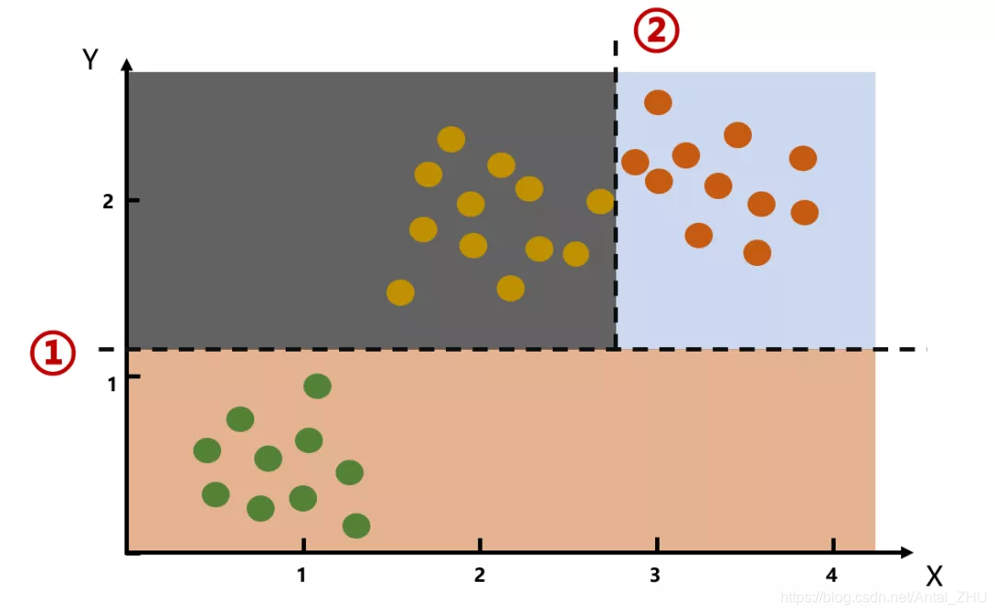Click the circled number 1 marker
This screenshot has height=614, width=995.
pos(53,353)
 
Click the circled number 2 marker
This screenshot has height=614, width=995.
pos(656,30)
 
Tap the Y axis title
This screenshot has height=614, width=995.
pos(90,61)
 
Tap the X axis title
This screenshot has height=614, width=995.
pos(934,577)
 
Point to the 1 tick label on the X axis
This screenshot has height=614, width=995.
pos(301,575)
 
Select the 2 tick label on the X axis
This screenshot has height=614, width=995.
pos(479,575)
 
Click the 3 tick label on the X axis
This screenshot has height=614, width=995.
pos(655,575)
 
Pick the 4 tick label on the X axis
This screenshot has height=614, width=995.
pos(832,575)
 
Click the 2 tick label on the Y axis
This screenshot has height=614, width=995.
pos(108,201)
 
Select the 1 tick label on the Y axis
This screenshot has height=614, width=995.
pos(111,384)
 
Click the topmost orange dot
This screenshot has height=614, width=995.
pos(658,102)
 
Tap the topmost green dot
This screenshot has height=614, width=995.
pos(317,386)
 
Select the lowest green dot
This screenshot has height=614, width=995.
pos(357,526)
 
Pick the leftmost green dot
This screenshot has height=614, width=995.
pos(207,450)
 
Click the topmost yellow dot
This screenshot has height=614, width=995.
pos(451,139)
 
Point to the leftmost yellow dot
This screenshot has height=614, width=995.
pos(400,293)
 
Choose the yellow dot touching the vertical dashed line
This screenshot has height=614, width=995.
pos(600,201)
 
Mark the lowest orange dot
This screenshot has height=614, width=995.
pos(757,252)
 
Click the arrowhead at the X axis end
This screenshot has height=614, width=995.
pos(907,552)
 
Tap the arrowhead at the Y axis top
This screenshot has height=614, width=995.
pos(127,64)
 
